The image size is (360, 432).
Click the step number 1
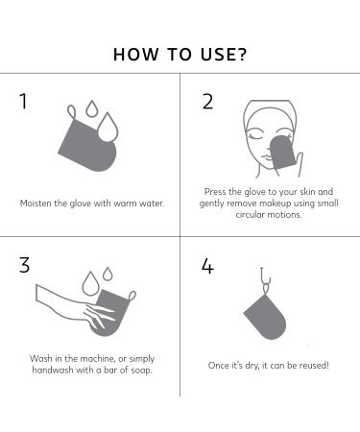pyautogui.click(x=24, y=103)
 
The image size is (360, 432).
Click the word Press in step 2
pyautogui.click(x=217, y=192)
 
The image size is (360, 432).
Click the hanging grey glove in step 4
pyautogui.click(x=263, y=316)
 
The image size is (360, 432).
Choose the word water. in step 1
pyautogui.click(x=145, y=204)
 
